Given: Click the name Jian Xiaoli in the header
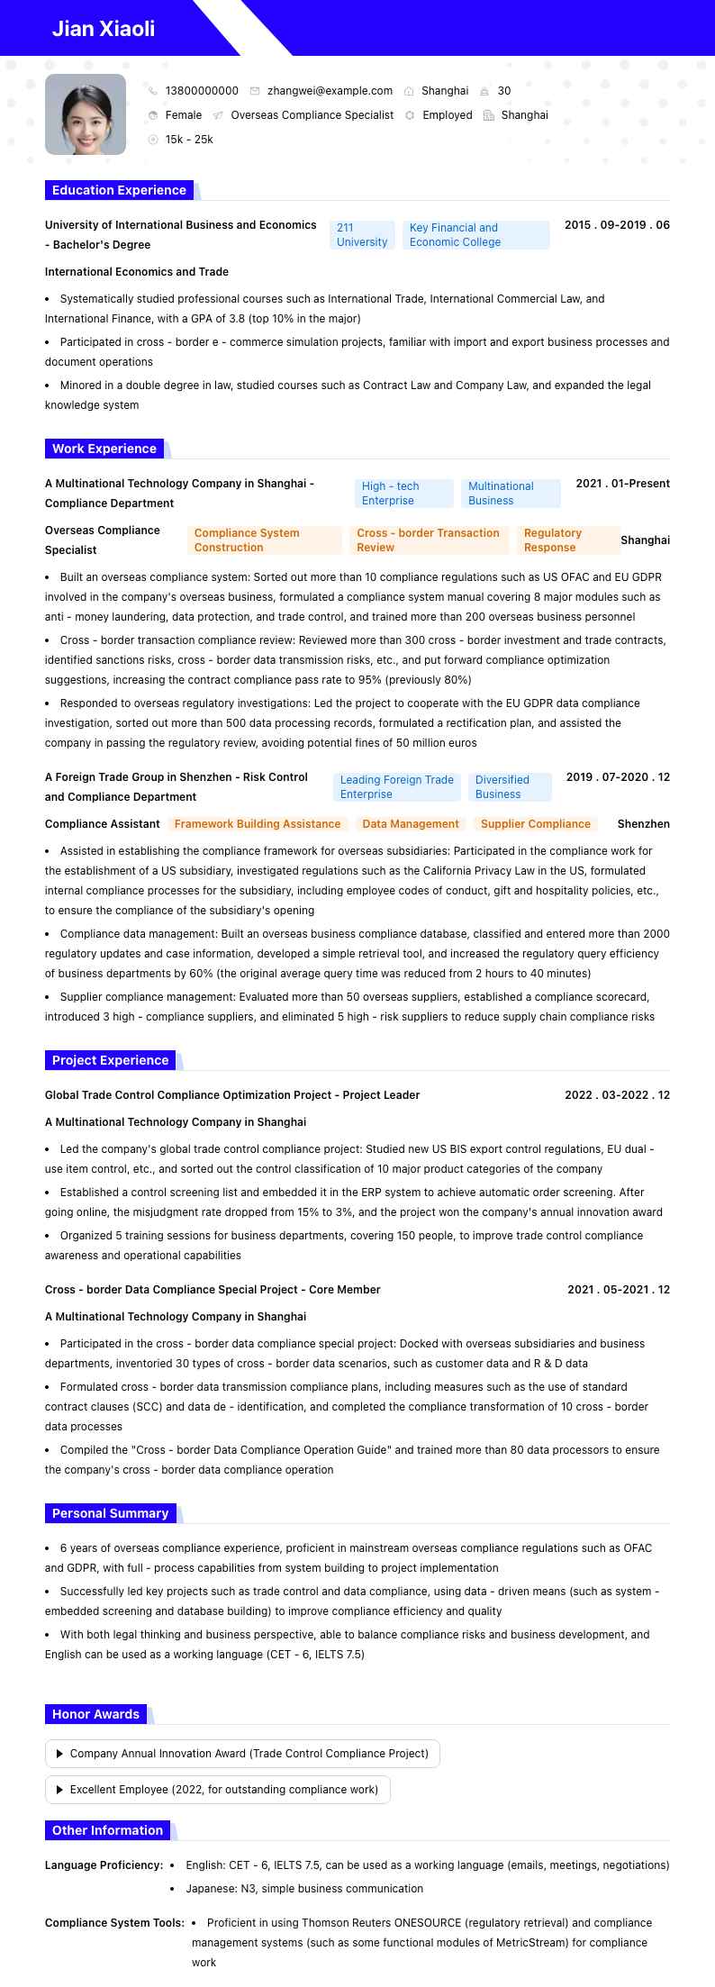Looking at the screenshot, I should point(104,29).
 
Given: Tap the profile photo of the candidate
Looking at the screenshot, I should point(86,114).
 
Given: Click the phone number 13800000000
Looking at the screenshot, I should point(202,91).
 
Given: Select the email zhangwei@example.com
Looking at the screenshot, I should point(330,91).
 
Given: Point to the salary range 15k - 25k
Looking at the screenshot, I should point(189,140).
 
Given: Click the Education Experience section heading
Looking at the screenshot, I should point(119,190).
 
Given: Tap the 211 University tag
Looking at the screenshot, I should point(362,235).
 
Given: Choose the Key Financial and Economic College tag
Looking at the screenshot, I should point(475,235).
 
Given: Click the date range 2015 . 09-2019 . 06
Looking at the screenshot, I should point(617,225).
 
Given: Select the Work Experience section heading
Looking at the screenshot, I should point(104,449).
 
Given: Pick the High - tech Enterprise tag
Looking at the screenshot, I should point(403,494).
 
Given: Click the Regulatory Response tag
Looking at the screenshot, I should point(568,540).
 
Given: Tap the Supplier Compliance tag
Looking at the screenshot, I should point(536,824).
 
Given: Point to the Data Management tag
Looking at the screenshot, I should point(411,824).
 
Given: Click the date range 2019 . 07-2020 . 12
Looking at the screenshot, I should point(618,777).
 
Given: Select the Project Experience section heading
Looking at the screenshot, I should point(110,1060).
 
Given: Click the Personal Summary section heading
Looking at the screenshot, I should point(110,1513).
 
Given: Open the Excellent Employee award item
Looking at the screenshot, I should point(218,1790).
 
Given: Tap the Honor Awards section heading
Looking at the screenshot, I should point(95,1714).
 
